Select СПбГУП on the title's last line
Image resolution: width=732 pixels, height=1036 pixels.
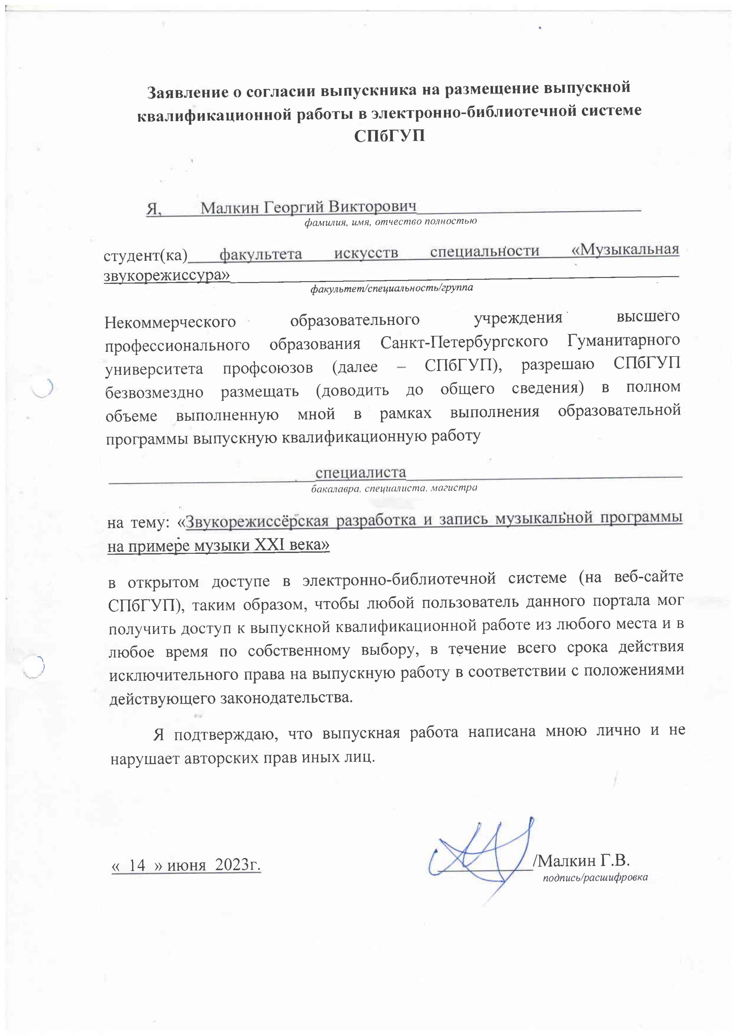(x=389, y=135)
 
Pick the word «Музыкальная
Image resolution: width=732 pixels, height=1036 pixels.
(x=625, y=249)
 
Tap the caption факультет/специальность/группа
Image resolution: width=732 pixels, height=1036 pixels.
(x=391, y=287)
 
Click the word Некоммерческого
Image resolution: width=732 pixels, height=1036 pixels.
(x=170, y=322)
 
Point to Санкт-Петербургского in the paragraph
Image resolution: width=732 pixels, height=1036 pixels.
(x=464, y=343)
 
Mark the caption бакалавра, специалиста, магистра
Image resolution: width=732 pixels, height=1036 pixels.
(x=394, y=488)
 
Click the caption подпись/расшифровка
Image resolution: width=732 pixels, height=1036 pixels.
(x=595, y=878)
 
